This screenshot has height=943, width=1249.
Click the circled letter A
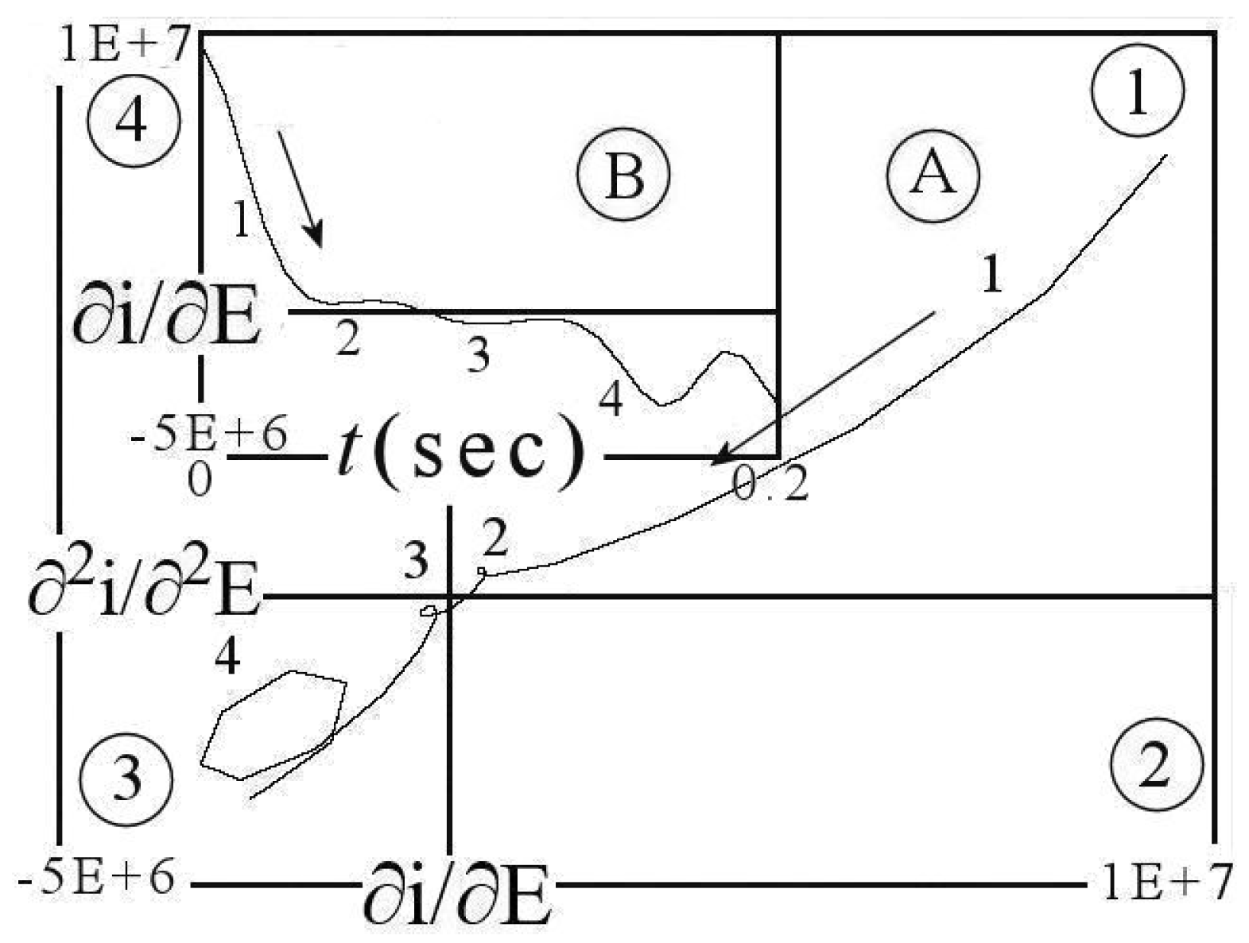pyautogui.click(x=933, y=174)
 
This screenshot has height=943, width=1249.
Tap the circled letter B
pyautogui.click(x=624, y=174)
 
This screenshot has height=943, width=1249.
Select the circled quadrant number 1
pyautogui.click(x=1138, y=90)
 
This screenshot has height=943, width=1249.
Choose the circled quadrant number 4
pyautogui.click(x=134, y=121)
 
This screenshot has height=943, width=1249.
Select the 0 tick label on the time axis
pyautogui.click(x=200, y=479)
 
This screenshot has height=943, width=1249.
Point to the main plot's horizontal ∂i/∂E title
pyautogui.click(x=456, y=891)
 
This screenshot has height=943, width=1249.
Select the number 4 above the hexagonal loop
pyautogui.click(x=228, y=657)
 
